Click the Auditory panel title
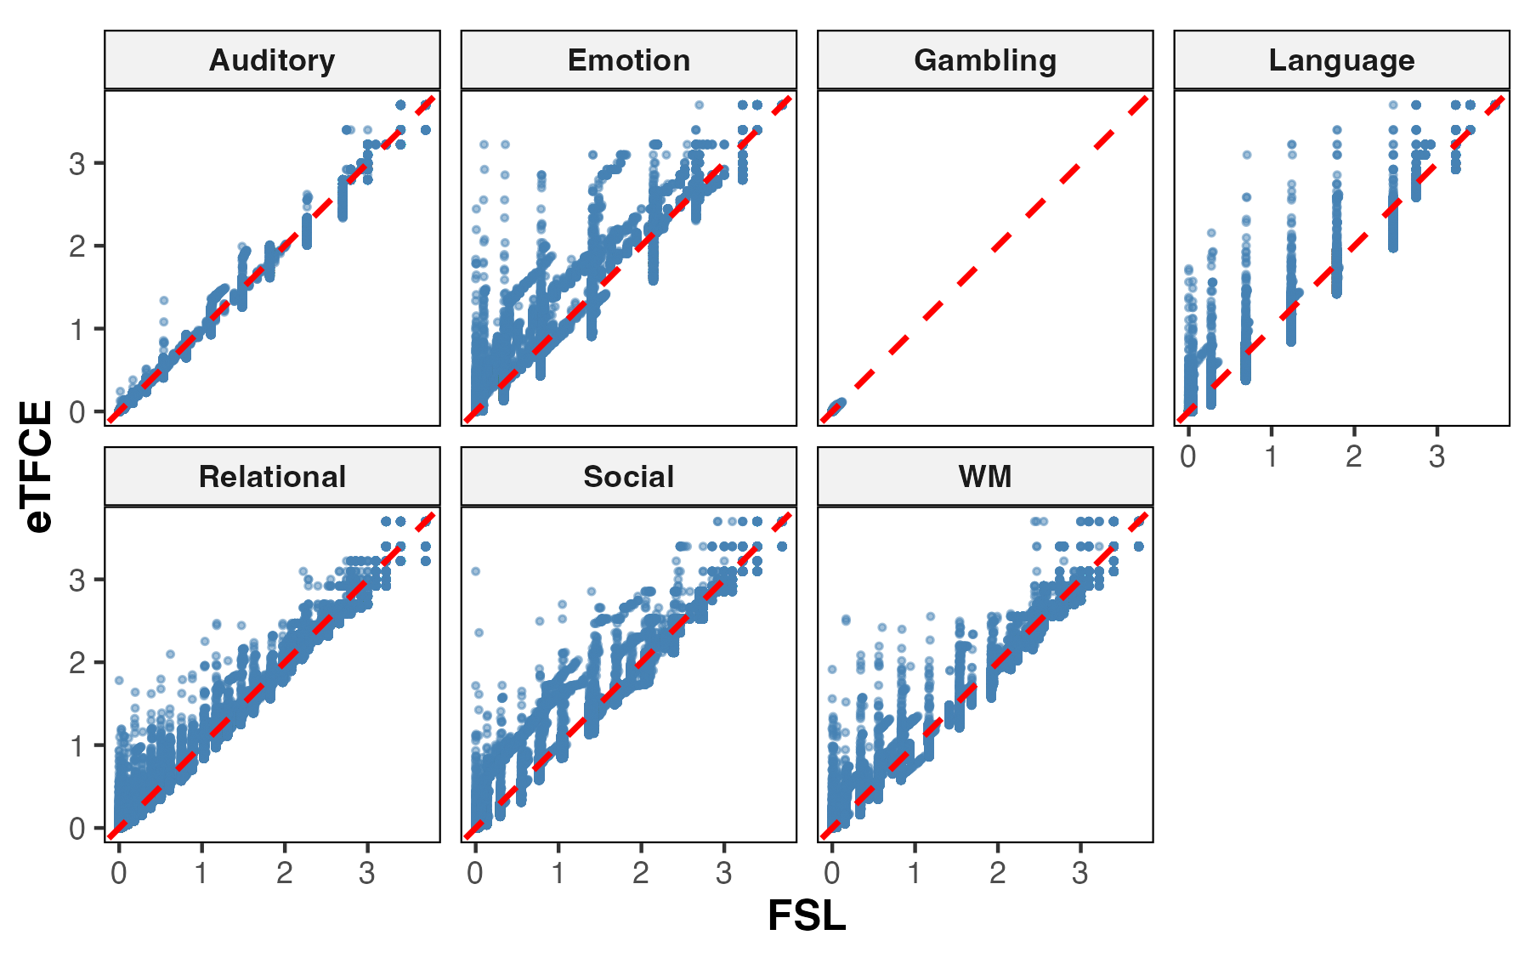point(272,60)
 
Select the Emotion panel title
point(629,60)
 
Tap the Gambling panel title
point(985,60)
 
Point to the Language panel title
point(1342,60)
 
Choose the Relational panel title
point(272,477)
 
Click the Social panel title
point(629,477)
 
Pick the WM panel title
point(985,477)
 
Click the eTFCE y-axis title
point(38,466)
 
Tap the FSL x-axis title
point(807,916)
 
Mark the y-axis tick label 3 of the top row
point(77,163)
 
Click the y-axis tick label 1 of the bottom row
point(77,745)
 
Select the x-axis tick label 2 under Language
point(1354,456)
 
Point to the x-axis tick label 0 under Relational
point(119,873)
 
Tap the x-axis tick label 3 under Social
point(723,873)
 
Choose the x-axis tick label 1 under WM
point(915,873)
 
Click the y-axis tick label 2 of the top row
point(77,246)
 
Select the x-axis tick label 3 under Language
point(1436,456)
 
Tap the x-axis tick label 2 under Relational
point(284,873)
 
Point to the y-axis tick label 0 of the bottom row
point(77,829)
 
